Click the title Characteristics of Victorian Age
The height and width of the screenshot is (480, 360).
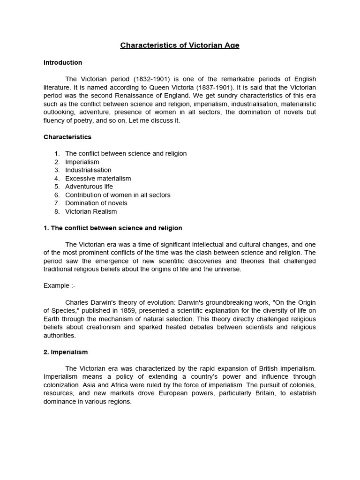[180, 45]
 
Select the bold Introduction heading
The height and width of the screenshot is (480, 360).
[63, 62]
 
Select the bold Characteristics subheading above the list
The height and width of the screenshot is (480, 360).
[67, 137]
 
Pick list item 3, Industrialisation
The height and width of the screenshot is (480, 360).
[88, 170]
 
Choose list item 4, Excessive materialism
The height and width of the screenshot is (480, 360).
[98, 179]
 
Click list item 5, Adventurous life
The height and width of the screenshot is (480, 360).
[89, 187]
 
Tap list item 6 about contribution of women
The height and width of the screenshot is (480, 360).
[118, 195]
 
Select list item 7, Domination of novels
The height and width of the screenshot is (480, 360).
[96, 203]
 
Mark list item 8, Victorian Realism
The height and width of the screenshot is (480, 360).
[91, 211]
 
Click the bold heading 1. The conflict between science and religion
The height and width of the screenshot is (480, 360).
[113, 228]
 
